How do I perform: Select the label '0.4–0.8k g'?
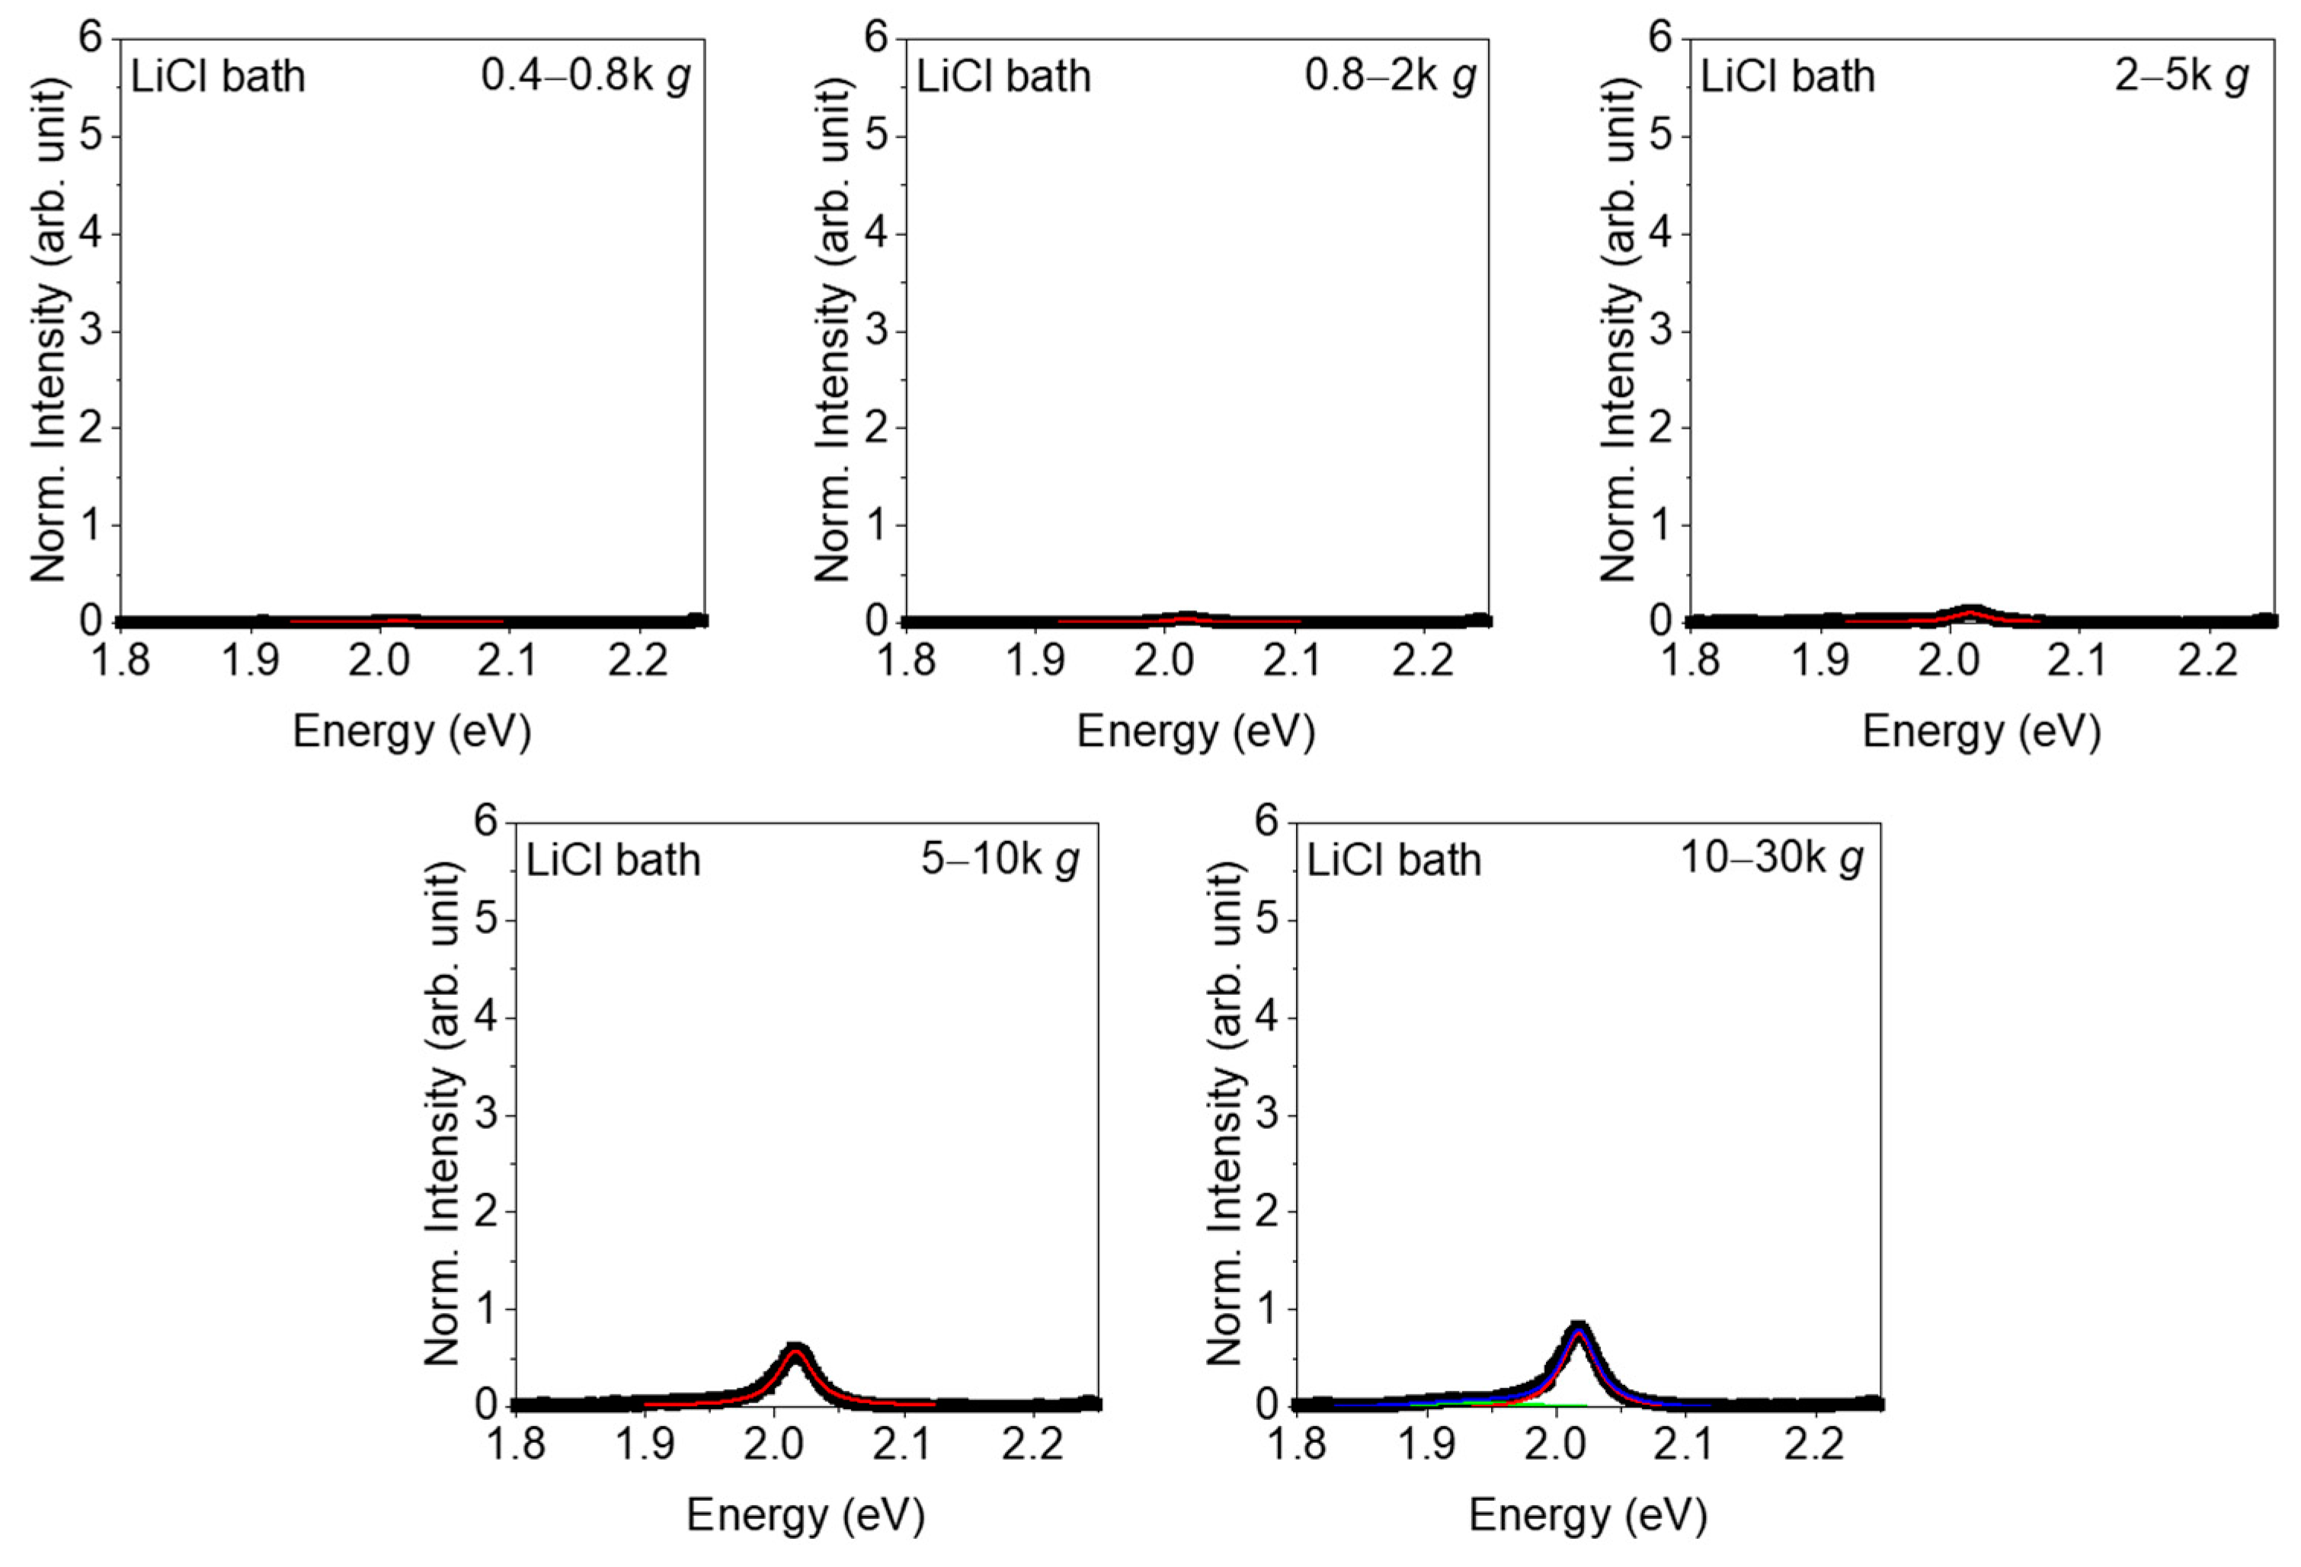pyautogui.click(x=585, y=76)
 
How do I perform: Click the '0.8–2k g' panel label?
pyautogui.click(x=1389, y=76)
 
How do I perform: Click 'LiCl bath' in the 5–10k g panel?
pyautogui.click(x=613, y=860)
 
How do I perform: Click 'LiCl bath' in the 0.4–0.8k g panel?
pyautogui.click(x=218, y=77)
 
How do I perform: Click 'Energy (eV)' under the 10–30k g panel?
pyautogui.click(x=1588, y=1514)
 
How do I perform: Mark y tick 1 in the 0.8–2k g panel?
pyautogui.click(x=877, y=525)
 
